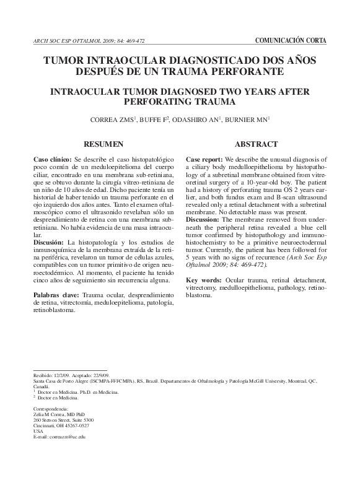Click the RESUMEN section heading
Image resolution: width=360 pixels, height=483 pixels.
[103, 144]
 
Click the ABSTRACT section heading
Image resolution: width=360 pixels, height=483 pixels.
[256, 144]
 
